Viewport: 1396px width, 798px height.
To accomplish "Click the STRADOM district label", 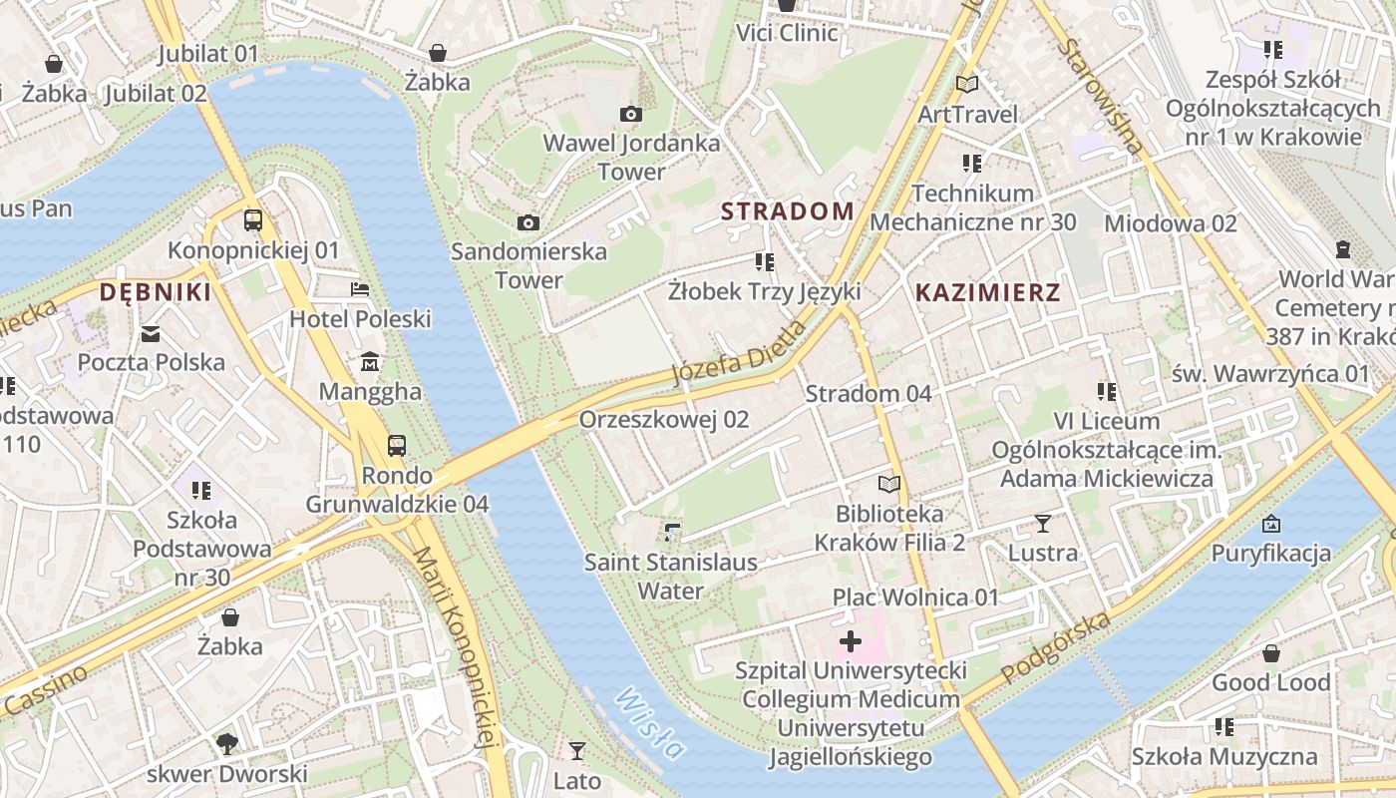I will [787, 211].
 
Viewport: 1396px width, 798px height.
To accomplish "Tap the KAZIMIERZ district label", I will [987, 292].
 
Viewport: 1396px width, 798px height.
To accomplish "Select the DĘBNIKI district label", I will [156, 292].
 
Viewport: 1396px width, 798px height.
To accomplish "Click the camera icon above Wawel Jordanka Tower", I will [630, 115].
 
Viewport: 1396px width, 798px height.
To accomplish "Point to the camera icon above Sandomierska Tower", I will [528, 222].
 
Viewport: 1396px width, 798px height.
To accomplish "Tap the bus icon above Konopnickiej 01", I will [253, 220].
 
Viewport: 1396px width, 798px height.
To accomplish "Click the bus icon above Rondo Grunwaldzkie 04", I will [397, 445].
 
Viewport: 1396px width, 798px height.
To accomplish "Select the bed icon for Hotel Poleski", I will [360, 289].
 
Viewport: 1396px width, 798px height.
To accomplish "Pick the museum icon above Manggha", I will [370, 360].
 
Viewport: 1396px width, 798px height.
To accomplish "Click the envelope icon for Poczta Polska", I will [151, 333].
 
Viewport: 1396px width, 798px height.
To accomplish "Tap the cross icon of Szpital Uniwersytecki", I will [850, 640].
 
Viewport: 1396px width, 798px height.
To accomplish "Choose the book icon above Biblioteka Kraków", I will [888, 485].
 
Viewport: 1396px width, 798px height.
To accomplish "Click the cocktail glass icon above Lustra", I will [1043, 523].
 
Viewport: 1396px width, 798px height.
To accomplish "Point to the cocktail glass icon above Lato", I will [576, 750].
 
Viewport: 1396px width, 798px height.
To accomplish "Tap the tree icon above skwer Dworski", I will [227, 743].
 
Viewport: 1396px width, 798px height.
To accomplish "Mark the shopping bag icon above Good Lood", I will [1270, 653].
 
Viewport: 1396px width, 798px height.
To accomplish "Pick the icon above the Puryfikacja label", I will [1270, 524].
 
